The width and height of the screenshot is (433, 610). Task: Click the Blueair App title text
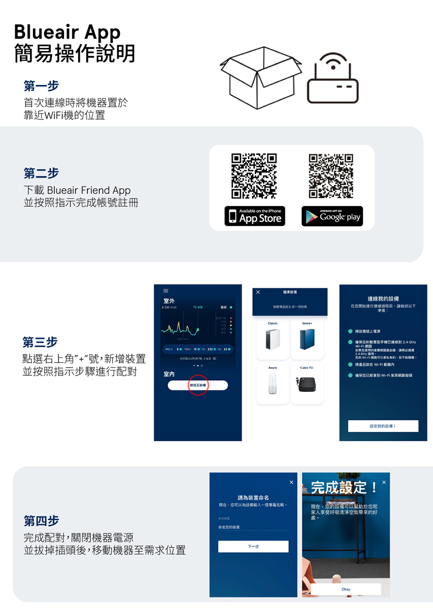click(67, 32)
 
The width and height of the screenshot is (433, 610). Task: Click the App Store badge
click(255, 217)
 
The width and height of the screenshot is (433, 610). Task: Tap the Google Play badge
click(332, 217)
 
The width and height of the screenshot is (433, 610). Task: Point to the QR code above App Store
click(254, 175)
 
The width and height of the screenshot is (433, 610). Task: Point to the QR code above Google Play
click(331, 175)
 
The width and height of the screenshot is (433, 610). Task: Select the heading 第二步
click(41, 173)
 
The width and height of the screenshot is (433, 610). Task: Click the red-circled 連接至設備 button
click(198, 385)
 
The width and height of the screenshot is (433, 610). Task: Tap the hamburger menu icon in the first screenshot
click(165, 291)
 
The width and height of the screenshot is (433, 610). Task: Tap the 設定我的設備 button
click(383, 426)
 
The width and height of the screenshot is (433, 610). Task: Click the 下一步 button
click(253, 546)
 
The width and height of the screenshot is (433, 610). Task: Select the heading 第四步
click(41, 521)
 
